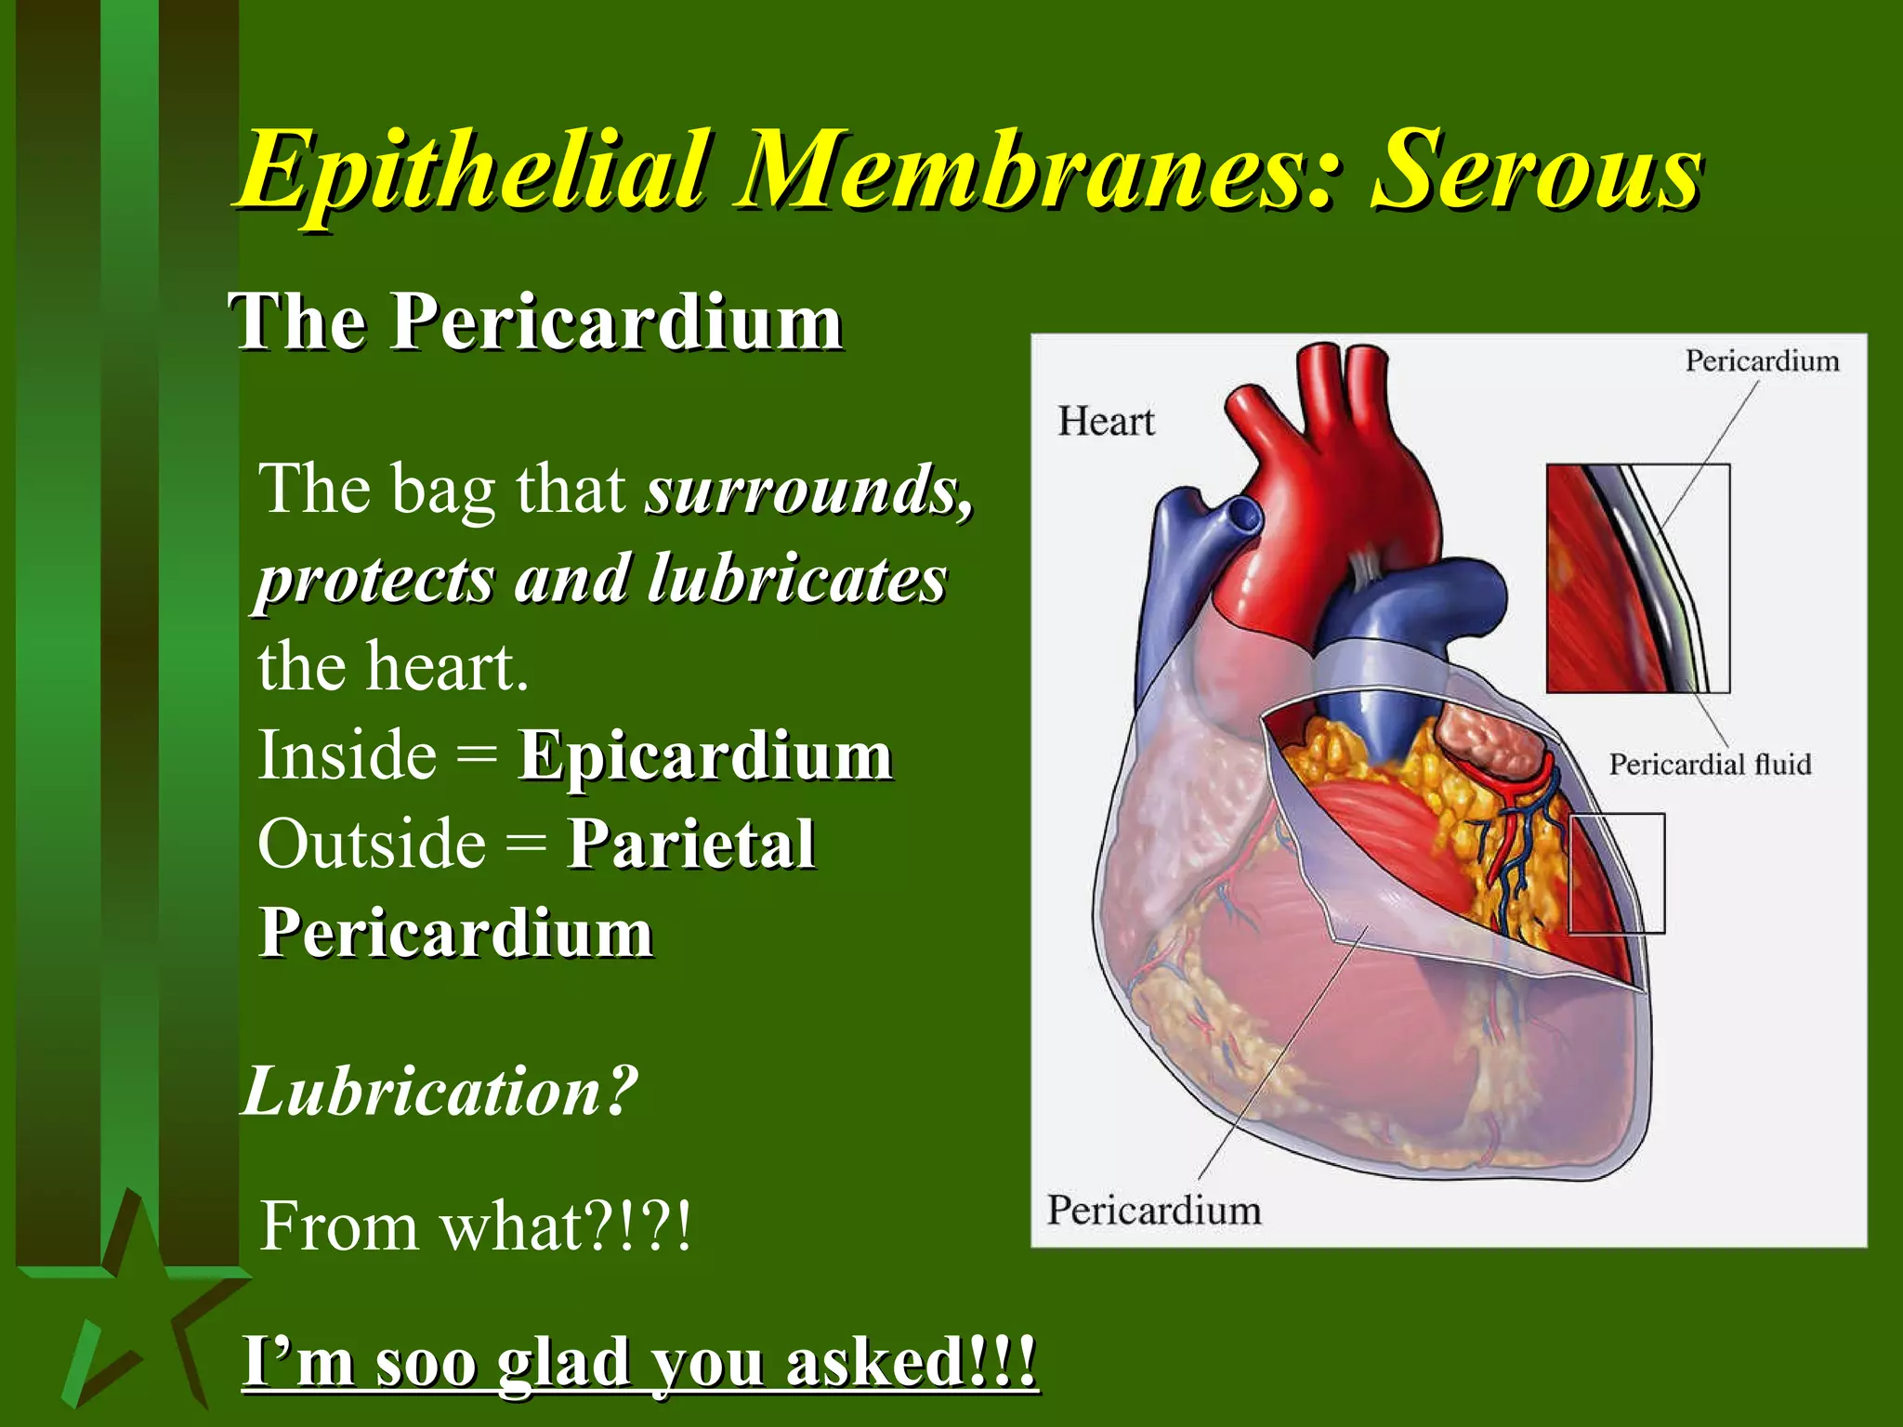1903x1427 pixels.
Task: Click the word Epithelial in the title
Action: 474,172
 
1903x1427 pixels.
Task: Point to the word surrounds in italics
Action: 807,490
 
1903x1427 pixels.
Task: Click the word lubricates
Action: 796,579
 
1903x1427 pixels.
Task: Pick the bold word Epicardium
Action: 705,754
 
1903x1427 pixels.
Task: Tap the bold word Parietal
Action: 691,844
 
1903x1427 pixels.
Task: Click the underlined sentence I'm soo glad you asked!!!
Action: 639,1362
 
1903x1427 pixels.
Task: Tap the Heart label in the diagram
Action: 1106,422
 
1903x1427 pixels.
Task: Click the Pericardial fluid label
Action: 1710,765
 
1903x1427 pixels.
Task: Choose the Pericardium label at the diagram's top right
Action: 1762,360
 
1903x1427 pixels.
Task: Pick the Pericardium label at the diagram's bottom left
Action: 1154,1211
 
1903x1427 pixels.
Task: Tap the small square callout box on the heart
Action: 1617,873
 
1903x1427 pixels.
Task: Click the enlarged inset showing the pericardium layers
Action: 1637,578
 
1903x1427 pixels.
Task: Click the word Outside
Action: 372,844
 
